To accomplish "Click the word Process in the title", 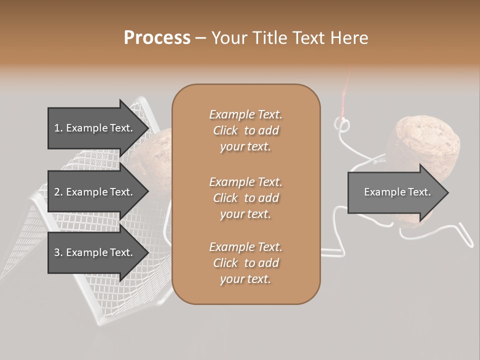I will tap(157, 38).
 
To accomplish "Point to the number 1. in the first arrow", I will tap(58, 128).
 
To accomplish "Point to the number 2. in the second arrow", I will tap(58, 192).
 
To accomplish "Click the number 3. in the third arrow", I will tap(58, 252).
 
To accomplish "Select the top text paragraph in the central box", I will tap(245, 130).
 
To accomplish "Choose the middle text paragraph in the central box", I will tap(245, 197).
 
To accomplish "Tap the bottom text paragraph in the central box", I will tap(245, 263).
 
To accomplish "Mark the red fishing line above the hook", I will tap(344, 97).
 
